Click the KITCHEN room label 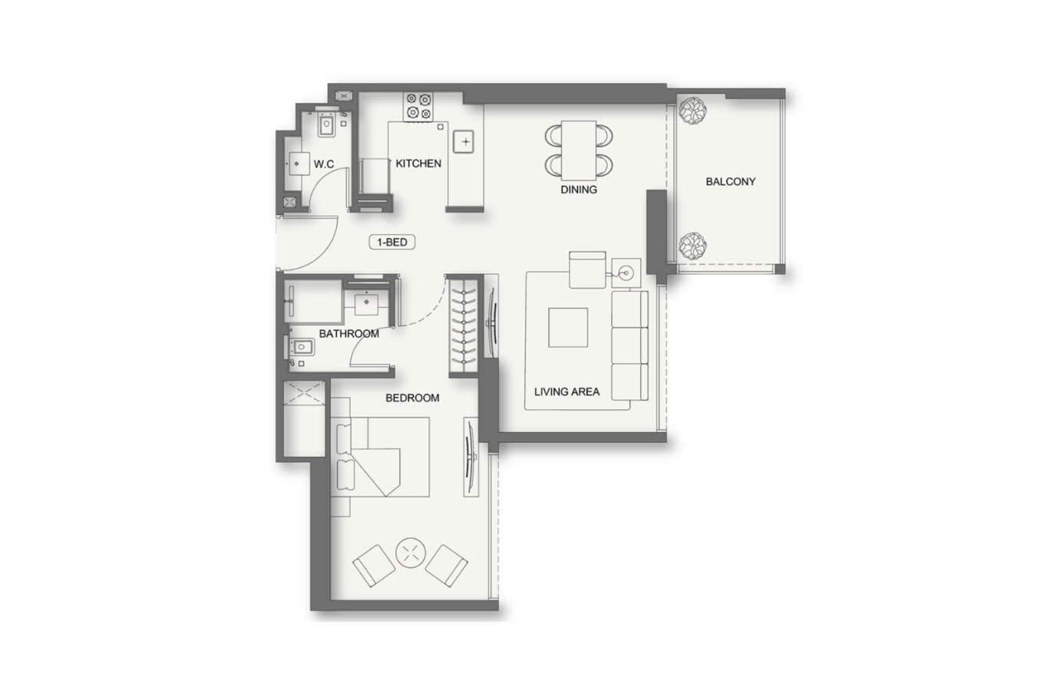click(418, 164)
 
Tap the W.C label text click(323, 164)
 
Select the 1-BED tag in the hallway click(392, 242)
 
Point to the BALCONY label click(731, 182)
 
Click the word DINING click(579, 190)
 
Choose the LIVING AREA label click(567, 392)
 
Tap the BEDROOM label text click(412, 398)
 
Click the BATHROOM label click(349, 334)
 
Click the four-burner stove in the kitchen click(418, 107)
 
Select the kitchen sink click(464, 142)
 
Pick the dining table click(579, 150)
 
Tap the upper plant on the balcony click(692, 111)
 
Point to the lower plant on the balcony click(692, 246)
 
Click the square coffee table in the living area click(568, 327)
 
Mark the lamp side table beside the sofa click(626, 273)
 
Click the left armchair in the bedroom click(374, 566)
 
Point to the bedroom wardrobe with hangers click(464, 326)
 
